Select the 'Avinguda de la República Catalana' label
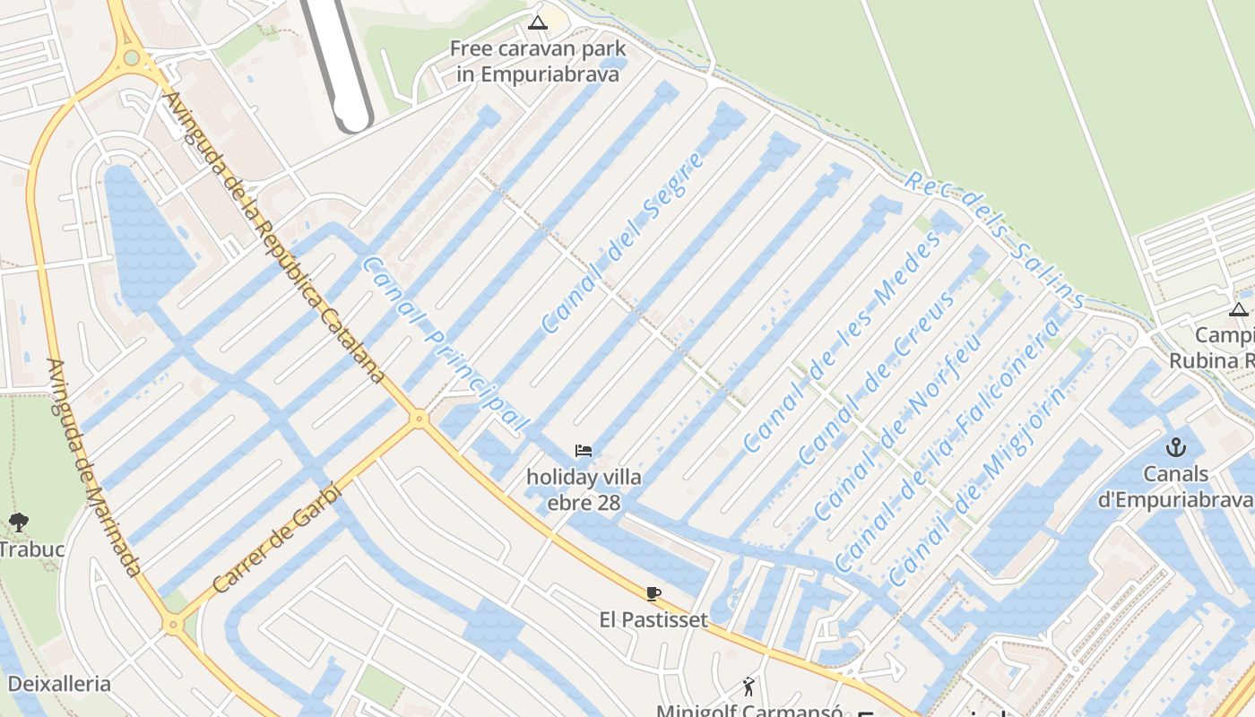[274, 237]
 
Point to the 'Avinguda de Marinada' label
[94, 467]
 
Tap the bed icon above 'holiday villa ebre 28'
[584, 451]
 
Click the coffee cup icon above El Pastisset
[653, 593]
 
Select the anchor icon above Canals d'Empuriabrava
[1175, 446]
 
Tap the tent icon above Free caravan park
[538, 22]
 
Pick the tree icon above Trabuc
[18, 522]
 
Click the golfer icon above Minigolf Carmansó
[749, 687]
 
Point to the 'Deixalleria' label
[59, 684]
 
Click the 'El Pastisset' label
[653, 619]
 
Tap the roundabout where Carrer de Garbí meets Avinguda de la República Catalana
[418, 418]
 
